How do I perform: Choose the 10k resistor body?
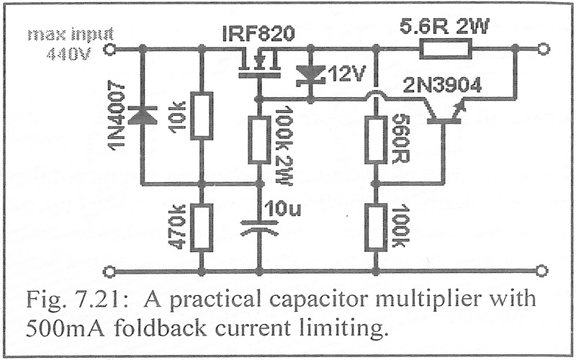(x=202, y=115)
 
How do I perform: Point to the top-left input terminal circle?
(x=110, y=49)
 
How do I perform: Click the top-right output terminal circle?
(x=544, y=49)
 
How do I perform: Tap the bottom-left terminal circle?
(x=110, y=271)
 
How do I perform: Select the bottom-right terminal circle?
(x=544, y=271)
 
